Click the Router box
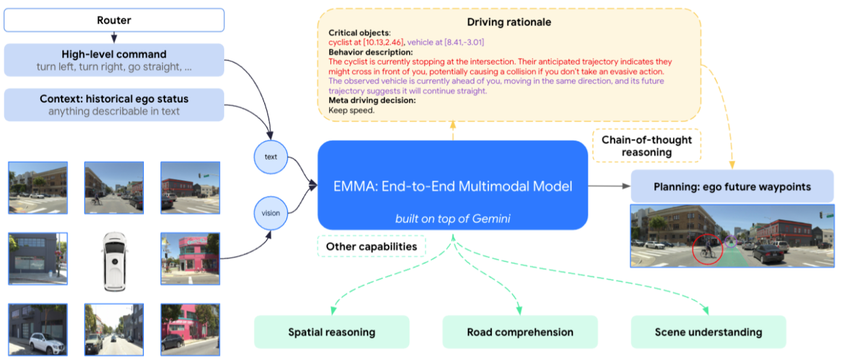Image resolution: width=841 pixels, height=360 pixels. tap(114, 21)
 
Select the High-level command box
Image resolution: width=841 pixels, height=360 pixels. tap(114, 60)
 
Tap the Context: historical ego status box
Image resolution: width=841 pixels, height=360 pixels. tap(114, 104)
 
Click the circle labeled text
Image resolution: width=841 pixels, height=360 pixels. tap(271, 157)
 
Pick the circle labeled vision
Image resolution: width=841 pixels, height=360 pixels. tap(271, 213)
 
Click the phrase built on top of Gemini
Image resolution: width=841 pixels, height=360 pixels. tap(453, 219)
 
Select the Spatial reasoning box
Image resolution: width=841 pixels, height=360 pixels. tap(332, 332)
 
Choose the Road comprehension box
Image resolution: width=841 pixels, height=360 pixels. tap(520, 332)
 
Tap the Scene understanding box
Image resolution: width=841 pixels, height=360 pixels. tap(709, 332)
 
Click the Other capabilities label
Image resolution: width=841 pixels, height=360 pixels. tap(372, 246)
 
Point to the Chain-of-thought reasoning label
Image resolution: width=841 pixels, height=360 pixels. tap(647, 146)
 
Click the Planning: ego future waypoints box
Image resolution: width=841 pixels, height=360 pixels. tap(732, 187)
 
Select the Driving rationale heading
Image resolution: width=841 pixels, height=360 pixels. tap(509, 22)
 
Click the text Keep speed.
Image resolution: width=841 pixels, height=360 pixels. tap(352, 111)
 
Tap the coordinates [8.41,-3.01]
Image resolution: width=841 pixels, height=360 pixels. tap(464, 42)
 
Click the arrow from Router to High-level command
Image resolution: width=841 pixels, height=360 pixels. tap(114, 37)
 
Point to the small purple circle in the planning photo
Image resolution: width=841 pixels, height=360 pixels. tap(730, 242)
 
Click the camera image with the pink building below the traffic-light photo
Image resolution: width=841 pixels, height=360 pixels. tap(190, 259)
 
